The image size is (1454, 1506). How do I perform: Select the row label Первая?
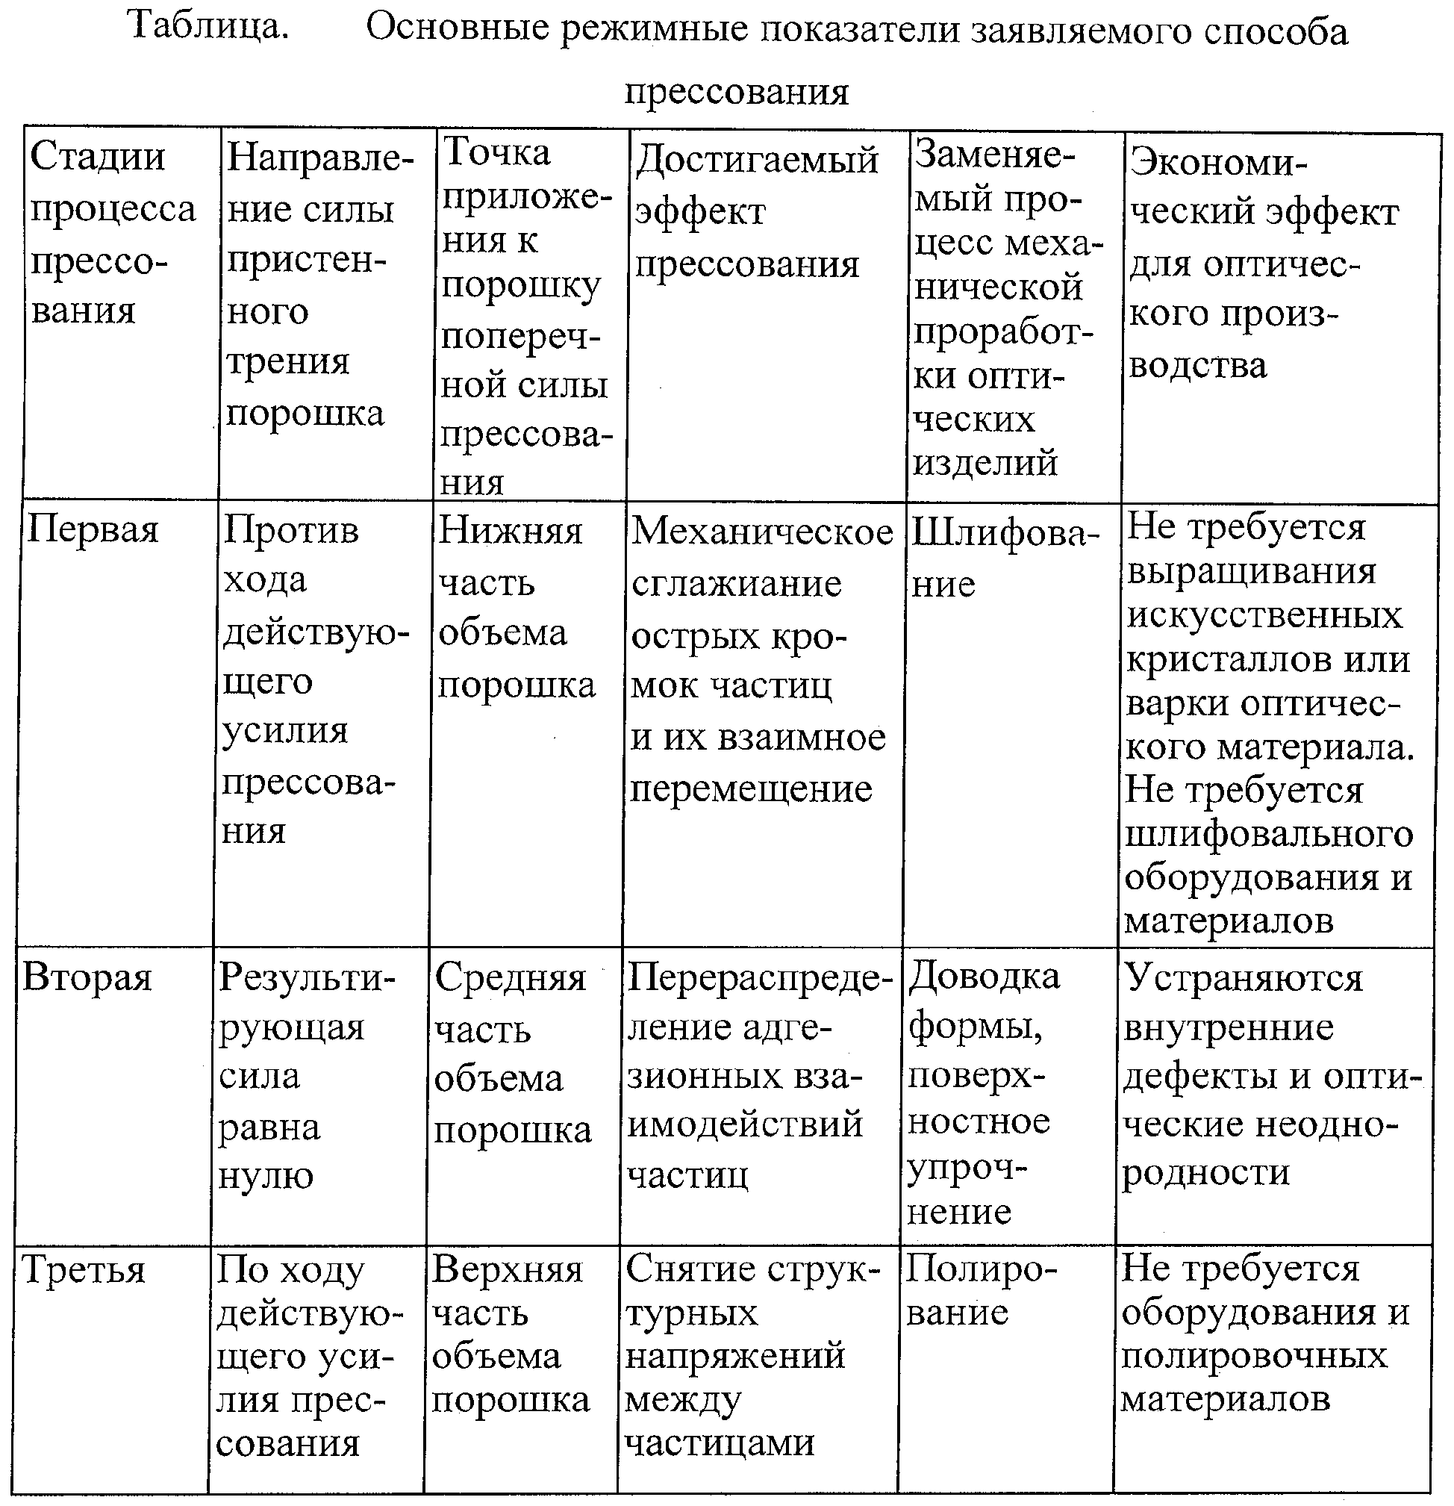(x=93, y=530)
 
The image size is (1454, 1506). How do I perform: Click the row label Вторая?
(x=87, y=978)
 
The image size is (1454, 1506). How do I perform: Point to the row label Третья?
(x=84, y=1270)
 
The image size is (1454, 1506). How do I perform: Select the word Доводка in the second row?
(x=984, y=977)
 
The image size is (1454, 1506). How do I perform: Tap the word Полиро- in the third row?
(x=981, y=1269)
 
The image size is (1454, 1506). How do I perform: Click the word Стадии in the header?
(x=98, y=157)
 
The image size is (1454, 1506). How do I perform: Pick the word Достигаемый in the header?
(x=757, y=161)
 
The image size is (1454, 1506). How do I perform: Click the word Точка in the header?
(x=497, y=152)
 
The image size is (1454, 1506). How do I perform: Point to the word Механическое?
(x=762, y=532)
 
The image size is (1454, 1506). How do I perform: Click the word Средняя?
(x=510, y=978)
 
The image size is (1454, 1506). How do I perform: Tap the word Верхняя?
(x=507, y=1269)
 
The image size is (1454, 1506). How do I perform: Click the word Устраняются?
(x=1243, y=978)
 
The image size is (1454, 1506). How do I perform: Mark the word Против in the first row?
(x=291, y=530)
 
